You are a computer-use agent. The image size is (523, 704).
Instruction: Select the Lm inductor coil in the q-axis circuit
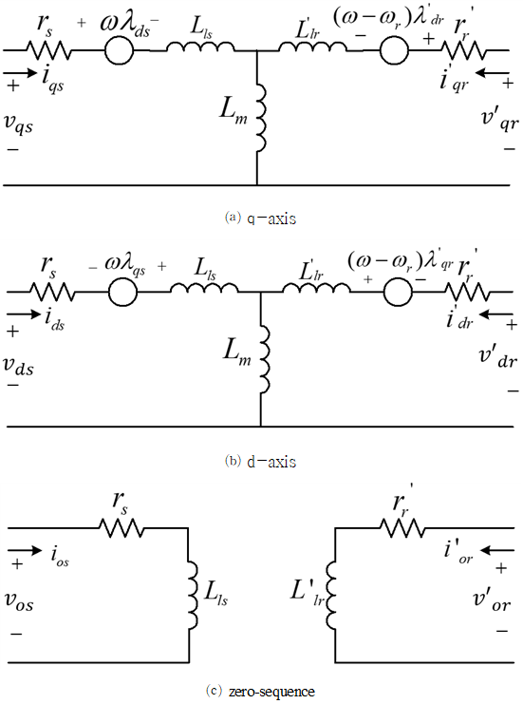point(261,118)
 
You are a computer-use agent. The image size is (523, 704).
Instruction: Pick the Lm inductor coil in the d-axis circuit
point(265,359)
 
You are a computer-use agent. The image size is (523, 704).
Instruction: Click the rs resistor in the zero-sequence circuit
point(121,528)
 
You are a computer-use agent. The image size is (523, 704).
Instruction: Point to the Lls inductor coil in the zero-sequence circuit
point(193,595)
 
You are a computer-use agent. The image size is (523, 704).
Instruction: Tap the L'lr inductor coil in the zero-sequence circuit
point(330,596)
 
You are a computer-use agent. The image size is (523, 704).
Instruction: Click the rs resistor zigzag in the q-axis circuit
point(48,50)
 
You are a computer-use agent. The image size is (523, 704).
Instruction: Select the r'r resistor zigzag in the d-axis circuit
point(467,292)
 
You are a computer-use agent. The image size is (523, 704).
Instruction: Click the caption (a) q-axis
point(260,219)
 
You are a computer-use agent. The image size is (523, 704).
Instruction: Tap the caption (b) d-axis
point(260,462)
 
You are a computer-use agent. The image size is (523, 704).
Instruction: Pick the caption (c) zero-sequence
point(260,691)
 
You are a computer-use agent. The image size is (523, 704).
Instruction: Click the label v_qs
point(18,124)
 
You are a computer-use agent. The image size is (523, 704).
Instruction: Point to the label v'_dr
point(498,358)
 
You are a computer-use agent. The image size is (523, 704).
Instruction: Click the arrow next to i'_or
point(497,550)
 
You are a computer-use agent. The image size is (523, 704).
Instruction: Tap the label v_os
point(19,600)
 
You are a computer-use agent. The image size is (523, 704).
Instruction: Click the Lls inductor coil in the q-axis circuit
point(200,47)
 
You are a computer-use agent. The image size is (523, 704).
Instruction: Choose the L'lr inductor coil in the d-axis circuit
point(316,287)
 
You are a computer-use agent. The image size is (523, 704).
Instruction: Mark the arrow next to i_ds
point(24,314)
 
